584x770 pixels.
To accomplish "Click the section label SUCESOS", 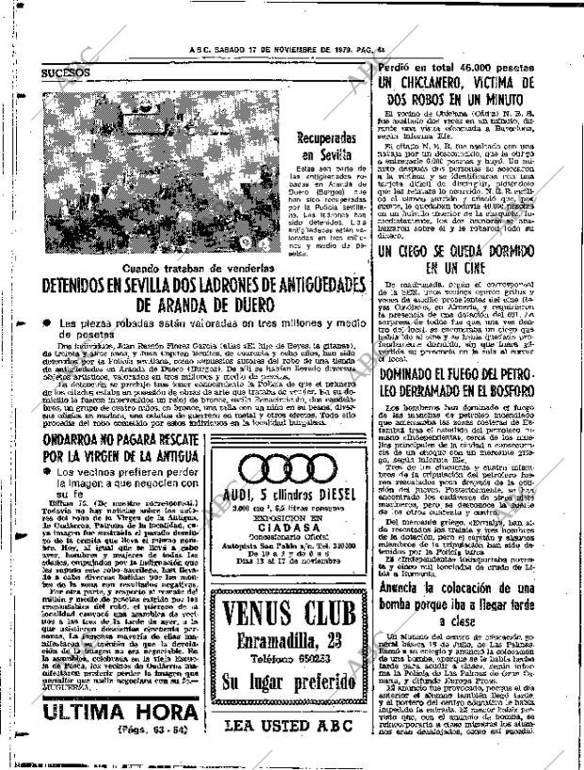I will [65, 72].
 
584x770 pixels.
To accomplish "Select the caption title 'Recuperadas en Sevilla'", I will [326, 147].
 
